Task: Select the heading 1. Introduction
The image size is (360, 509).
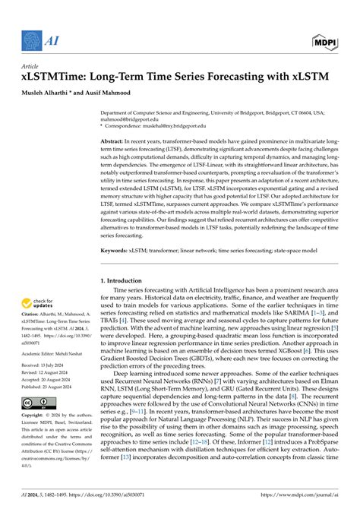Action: coord(127,280)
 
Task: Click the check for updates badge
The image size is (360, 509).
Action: coord(38,304)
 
